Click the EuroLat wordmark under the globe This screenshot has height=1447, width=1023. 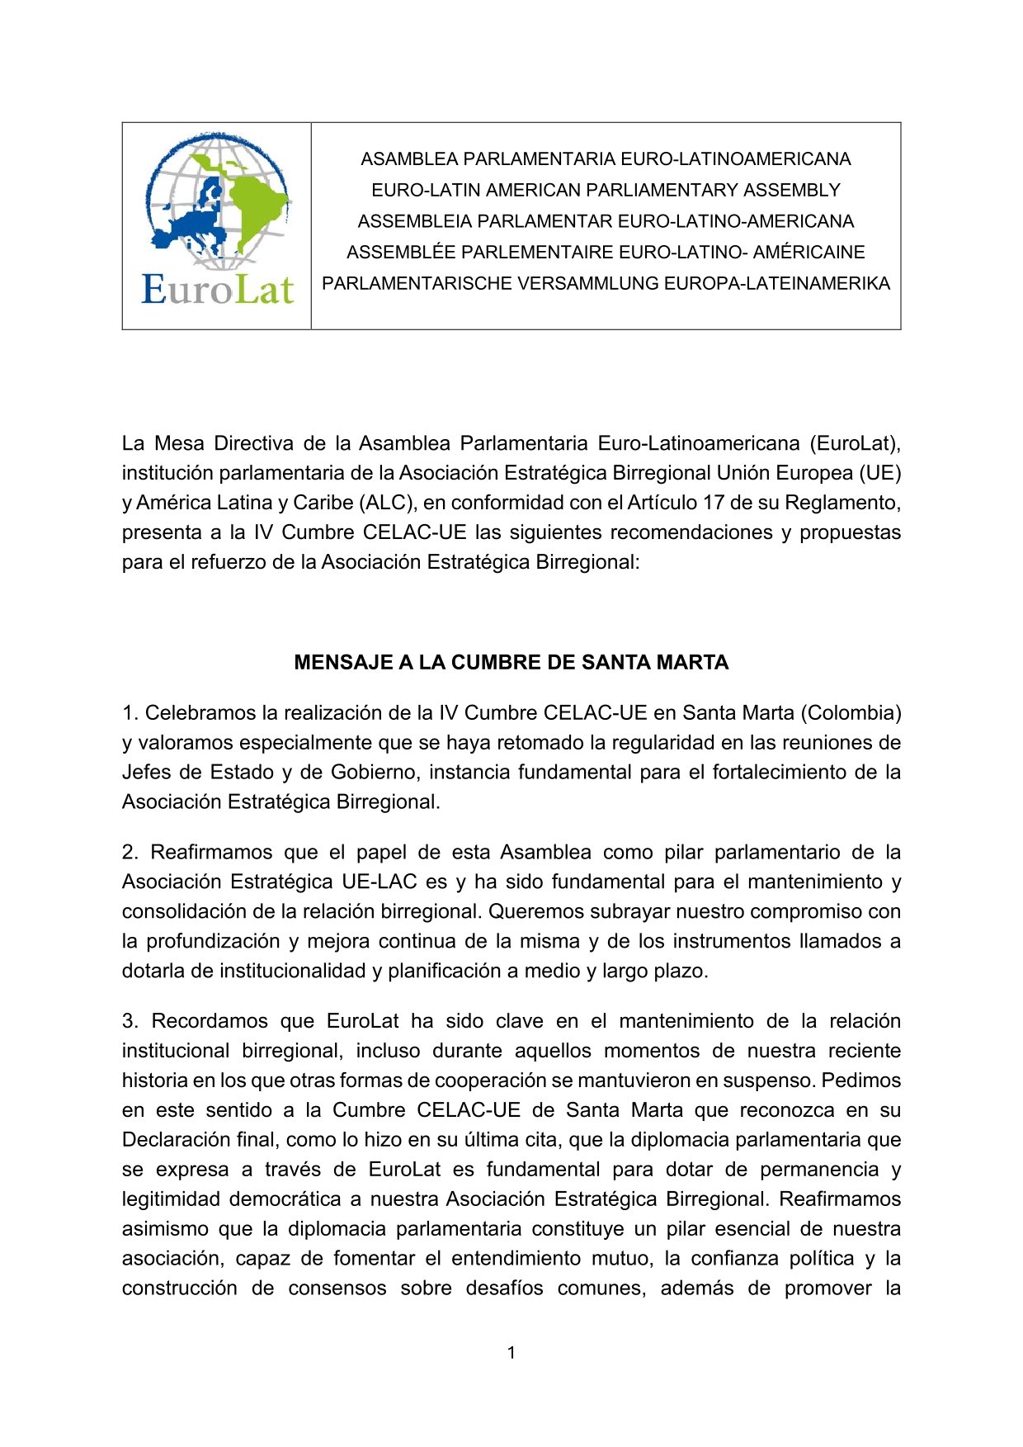(x=217, y=290)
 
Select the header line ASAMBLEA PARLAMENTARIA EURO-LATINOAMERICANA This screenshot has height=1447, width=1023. (x=606, y=158)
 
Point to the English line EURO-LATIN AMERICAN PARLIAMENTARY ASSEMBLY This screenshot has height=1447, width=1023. (x=606, y=190)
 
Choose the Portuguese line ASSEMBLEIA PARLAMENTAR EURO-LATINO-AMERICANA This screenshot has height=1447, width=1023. (x=606, y=221)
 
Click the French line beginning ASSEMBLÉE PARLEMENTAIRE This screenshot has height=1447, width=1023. (x=606, y=252)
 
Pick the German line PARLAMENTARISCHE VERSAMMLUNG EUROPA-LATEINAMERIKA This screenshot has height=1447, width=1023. (x=606, y=283)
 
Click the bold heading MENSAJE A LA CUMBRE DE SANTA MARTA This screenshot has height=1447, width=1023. (x=511, y=663)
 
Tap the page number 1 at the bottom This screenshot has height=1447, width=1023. (x=511, y=1352)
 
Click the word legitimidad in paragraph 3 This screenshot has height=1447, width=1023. (x=171, y=1199)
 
